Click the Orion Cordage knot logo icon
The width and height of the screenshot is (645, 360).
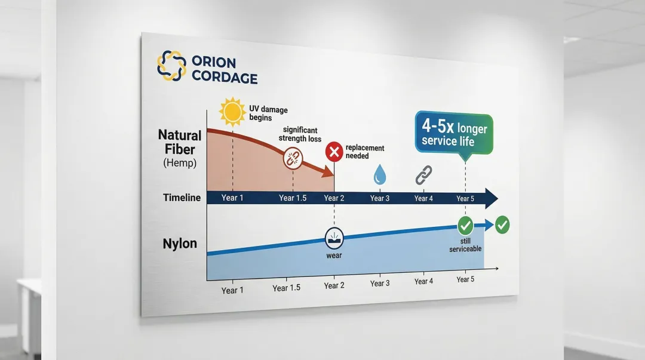[171, 66]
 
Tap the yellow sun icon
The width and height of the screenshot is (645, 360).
[232, 111]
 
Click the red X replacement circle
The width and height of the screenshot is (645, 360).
[334, 153]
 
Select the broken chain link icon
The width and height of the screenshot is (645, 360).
[293, 159]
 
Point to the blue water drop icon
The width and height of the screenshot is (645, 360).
[380, 175]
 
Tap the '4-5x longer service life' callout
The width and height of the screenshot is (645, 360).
[454, 135]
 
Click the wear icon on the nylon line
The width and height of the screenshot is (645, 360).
[334, 238]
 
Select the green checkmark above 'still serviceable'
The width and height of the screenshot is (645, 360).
[465, 226]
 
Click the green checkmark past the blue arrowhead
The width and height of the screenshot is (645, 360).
[503, 225]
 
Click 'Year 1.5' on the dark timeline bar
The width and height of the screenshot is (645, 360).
[293, 198]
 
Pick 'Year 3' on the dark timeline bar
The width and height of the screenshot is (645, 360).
[380, 198]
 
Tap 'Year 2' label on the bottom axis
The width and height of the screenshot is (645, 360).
[334, 286]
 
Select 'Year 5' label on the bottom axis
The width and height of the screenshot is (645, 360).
[465, 279]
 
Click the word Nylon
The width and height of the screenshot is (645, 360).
[180, 244]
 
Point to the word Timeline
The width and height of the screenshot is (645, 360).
[182, 198]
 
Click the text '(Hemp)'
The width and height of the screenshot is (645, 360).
[179, 163]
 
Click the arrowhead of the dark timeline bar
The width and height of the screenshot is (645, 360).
[491, 198]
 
